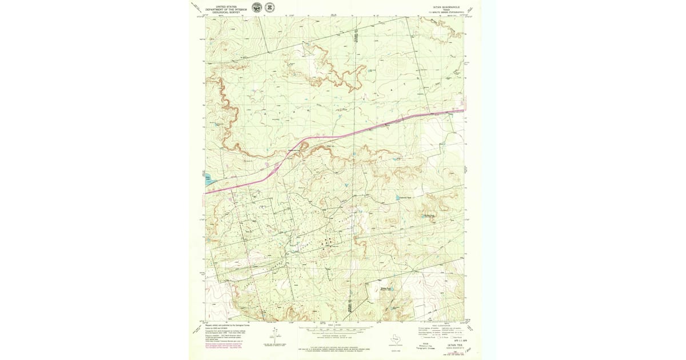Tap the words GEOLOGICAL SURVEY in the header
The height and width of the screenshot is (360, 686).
click(226, 11)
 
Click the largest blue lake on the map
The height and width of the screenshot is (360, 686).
click(208, 179)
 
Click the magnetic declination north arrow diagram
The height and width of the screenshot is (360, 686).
click(274, 334)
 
